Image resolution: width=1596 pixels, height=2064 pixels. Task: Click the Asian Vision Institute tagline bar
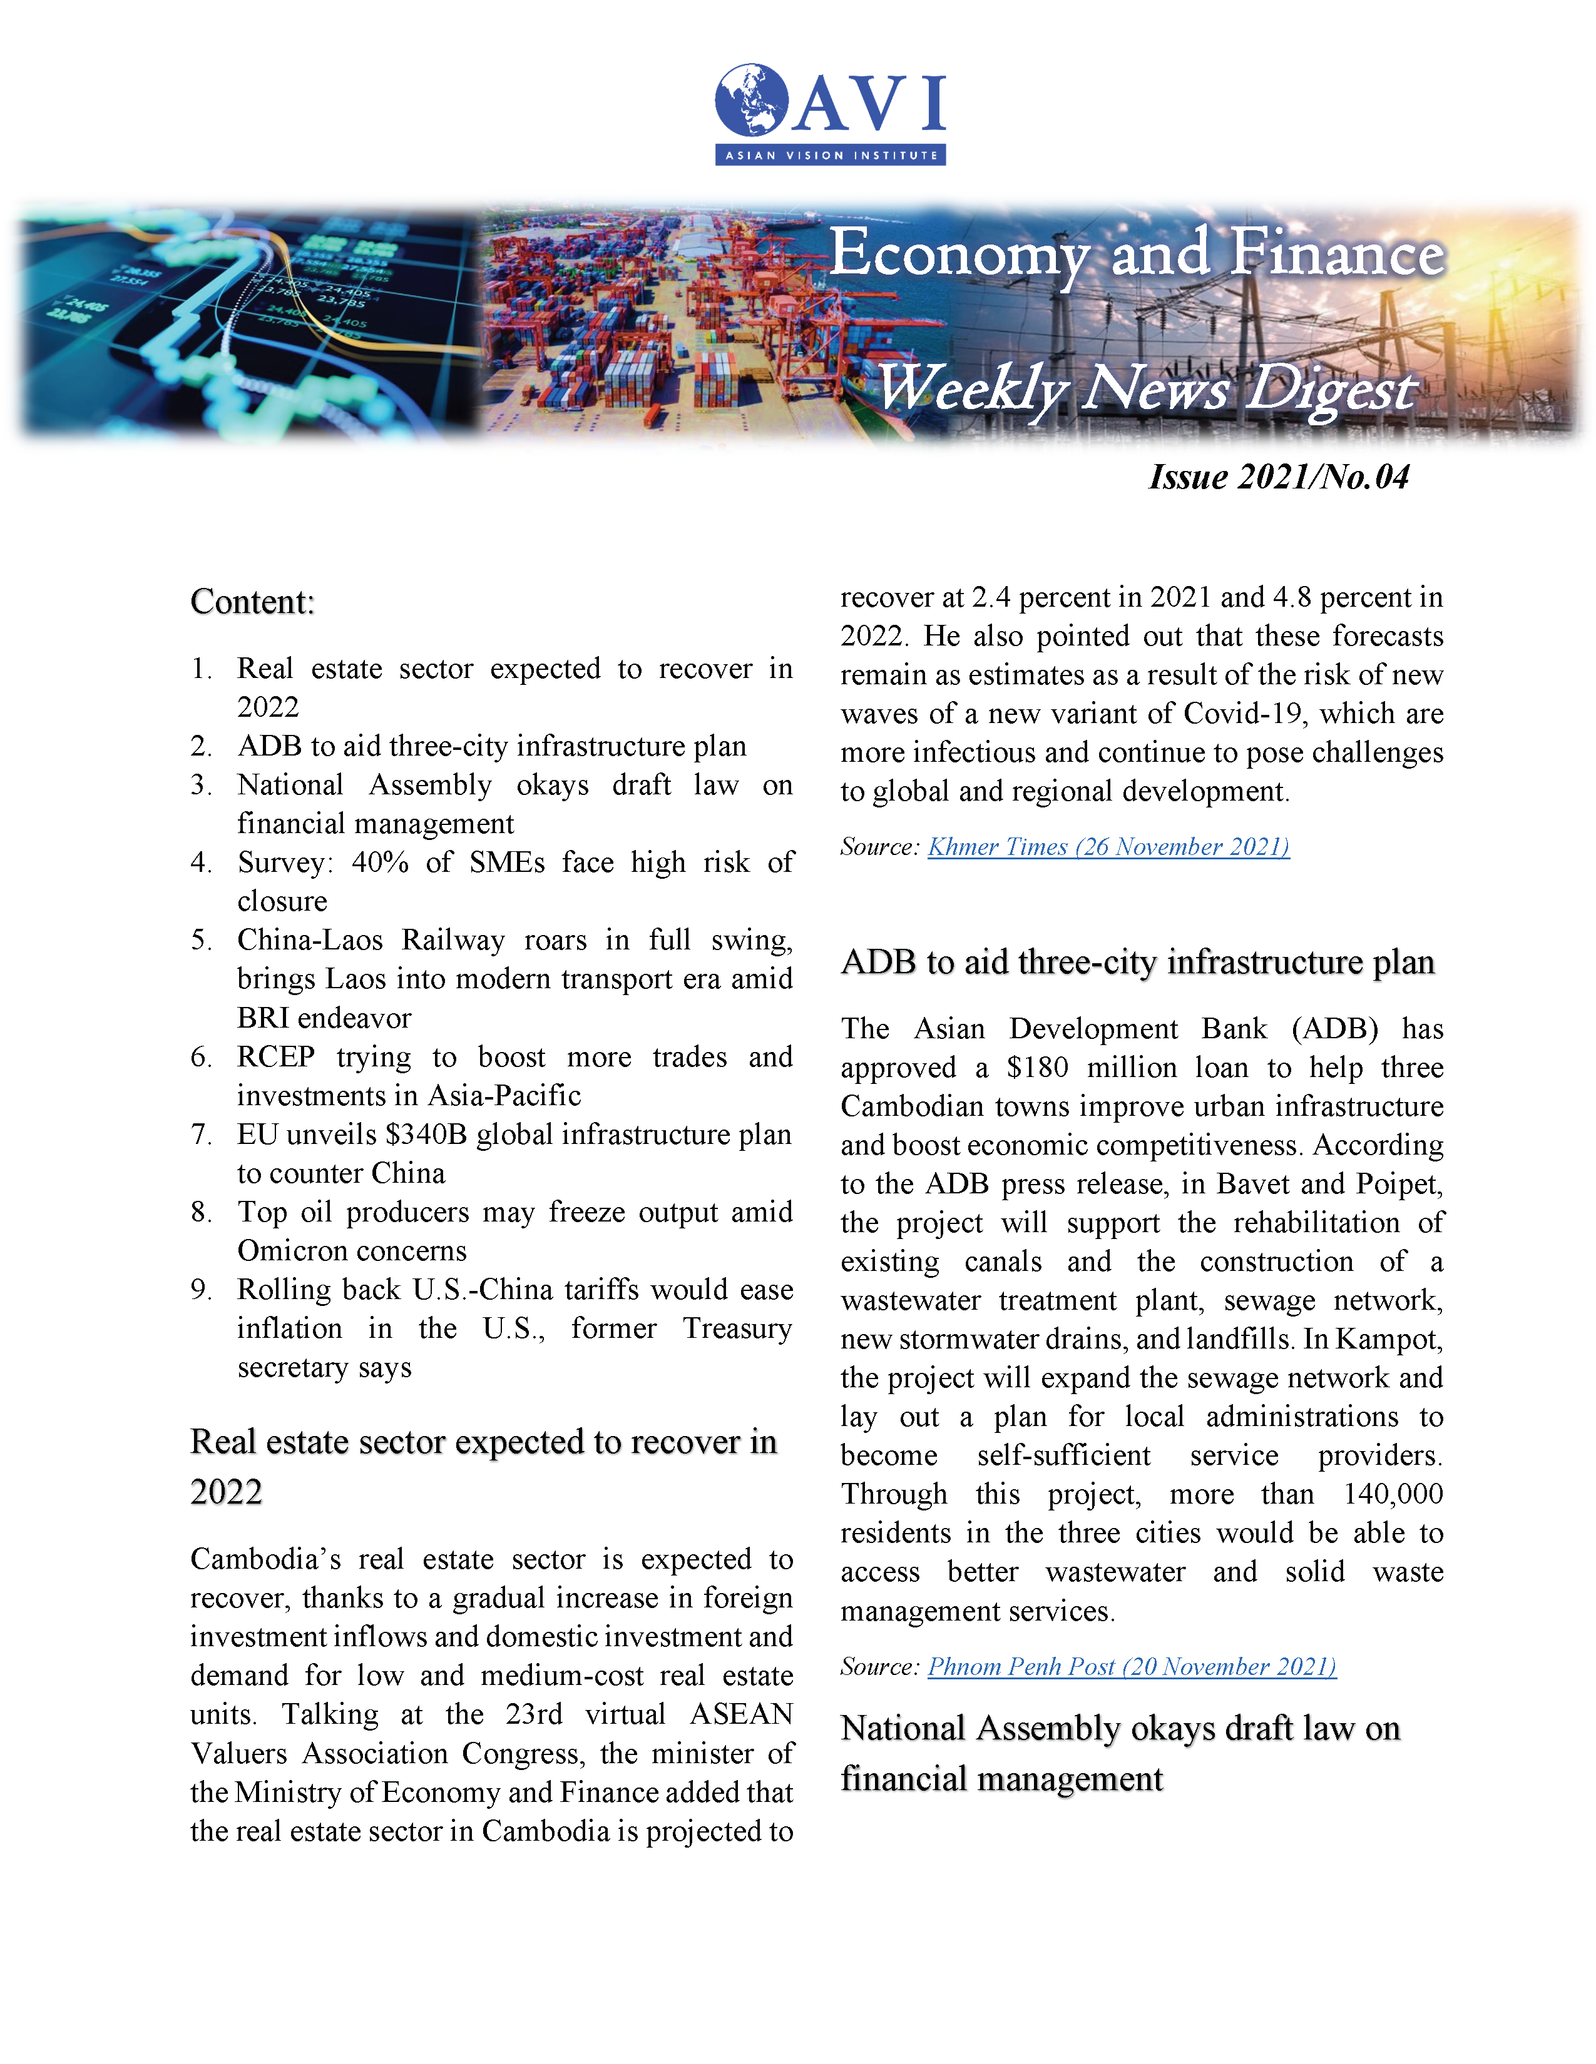[x=830, y=155]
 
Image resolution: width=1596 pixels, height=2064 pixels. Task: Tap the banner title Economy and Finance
[x=1137, y=253]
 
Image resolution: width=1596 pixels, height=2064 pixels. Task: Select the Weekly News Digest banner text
[x=1146, y=388]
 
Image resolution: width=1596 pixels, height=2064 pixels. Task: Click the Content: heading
[x=252, y=602]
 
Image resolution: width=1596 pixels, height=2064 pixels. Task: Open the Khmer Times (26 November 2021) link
[x=1108, y=847]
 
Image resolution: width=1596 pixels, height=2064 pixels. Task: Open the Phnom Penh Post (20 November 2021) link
[x=1132, y=1666]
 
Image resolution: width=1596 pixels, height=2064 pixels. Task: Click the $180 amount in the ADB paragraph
[x=1037, y=1068]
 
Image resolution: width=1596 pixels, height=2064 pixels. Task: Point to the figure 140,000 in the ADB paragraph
[x=1394, y=1494]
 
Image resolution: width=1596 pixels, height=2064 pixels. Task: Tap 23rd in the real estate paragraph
[x=535, y=1714]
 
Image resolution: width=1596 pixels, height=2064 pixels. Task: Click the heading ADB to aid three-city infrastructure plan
[x=1137, y=962]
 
